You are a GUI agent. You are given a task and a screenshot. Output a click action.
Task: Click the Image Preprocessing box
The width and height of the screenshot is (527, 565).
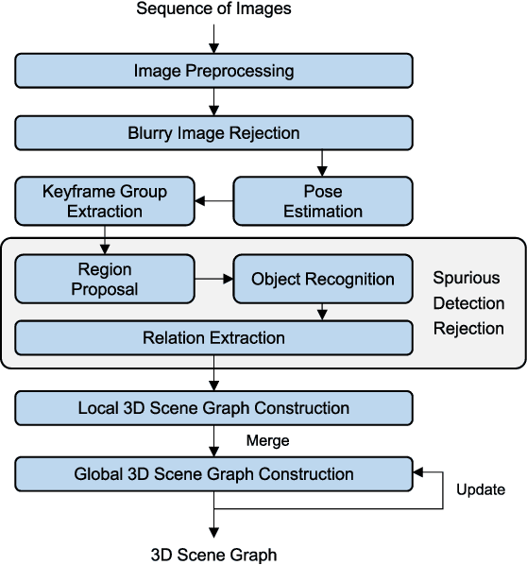coord(213,71)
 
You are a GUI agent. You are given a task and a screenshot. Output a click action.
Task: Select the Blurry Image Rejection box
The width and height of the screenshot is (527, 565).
coord(213,133)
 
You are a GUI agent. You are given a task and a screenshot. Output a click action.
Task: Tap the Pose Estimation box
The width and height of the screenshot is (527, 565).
coord(323,200)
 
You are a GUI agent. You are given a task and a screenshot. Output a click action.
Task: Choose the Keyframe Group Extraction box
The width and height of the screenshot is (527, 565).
coord(104,200)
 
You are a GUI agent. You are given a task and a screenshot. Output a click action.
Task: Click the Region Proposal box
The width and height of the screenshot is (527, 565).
coord(104,279)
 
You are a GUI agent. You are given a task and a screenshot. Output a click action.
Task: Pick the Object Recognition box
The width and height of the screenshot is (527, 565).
coord(323,279)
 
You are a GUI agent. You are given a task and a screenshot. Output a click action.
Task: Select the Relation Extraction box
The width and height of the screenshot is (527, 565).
coord(213,337)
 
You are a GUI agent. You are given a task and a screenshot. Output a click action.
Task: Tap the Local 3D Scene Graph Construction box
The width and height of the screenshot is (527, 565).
coord(213,408)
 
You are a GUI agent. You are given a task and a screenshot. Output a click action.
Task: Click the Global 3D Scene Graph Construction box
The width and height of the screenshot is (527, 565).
coord(213,473)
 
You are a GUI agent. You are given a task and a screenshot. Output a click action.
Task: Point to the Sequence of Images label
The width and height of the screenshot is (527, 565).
coord(213,9)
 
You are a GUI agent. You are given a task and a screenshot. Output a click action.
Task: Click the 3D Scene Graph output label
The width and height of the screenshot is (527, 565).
coord(214,554)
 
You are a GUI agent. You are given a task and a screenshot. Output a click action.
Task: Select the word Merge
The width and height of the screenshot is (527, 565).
coord(267,440)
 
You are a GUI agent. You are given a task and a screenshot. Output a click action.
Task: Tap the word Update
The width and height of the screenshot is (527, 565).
coord(480,489)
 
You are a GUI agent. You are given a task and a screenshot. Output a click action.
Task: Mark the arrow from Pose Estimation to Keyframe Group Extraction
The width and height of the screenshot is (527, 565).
coord(213,200)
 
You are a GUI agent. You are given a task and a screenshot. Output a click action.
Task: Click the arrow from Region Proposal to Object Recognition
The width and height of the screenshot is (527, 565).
coord(213,279)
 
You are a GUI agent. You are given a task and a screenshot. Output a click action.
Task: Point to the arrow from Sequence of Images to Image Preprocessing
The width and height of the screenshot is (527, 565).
coord(214,38)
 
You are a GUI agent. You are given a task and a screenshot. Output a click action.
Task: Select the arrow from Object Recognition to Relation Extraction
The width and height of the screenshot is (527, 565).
coord(323,311)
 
